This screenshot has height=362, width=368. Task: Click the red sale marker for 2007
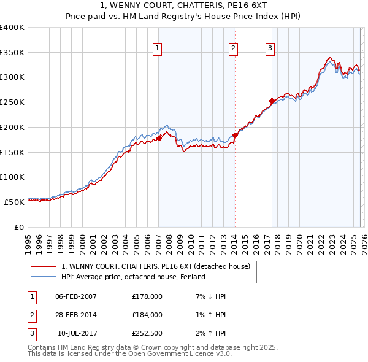pos(159,138)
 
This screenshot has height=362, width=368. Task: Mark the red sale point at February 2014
pos(235,135)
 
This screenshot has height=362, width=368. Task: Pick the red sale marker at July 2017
pos(272,101)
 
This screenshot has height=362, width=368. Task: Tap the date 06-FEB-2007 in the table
pos(76,296)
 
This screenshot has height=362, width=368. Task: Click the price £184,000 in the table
pos(147,315)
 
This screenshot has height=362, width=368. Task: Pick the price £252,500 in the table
pos(147,333)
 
